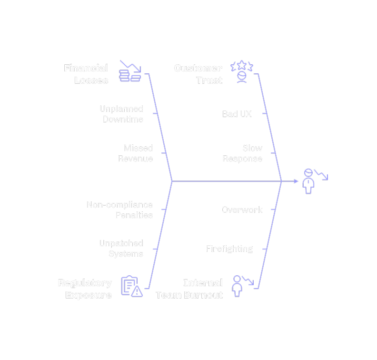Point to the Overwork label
[242, 210]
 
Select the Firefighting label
[229, 249]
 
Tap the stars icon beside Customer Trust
[242, 72]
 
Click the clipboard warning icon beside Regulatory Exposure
[131, 286]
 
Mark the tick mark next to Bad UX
[265, 114]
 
